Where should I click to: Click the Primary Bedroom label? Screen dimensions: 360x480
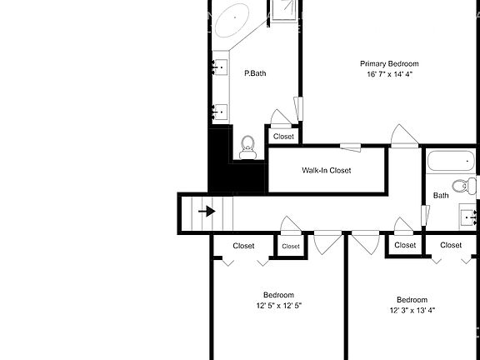coord(389,63)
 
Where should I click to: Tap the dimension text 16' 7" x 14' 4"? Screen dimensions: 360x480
coord(389,74)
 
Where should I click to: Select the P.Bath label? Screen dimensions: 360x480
coord(255,73)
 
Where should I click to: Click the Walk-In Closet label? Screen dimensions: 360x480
coord(326,170)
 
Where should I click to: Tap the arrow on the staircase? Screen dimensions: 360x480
coord(205,212)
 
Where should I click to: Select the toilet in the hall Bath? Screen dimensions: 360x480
coord(460,185)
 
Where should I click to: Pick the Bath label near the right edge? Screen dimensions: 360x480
coord(441,196)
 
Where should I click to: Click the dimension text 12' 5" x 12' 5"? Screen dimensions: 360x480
coord(278,306)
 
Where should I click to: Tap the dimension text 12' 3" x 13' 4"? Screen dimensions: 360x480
coord(412,311)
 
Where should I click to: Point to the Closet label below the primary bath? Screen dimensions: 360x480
coord(283,137)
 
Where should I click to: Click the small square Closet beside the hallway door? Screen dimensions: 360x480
coord(290,247)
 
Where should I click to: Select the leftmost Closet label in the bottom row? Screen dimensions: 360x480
coord(243,246)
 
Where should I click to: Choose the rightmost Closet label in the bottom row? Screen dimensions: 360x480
coord(451,245)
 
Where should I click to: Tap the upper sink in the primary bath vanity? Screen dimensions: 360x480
coord(222,66)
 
